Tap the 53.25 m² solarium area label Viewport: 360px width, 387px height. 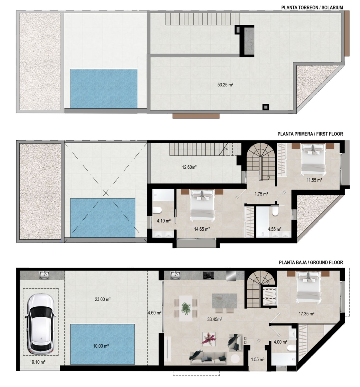click(x=225, y=85)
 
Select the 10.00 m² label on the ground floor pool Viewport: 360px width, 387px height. click(x=101, y=346)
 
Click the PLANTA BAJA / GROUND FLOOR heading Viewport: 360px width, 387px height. click(x=311, y=263)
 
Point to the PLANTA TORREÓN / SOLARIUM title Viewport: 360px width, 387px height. click(x=312, y=8)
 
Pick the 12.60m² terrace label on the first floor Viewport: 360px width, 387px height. click(x=189, y=167)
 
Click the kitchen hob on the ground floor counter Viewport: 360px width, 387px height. click(x=209, y=275)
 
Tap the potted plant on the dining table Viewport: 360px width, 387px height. click(x=186, y=308)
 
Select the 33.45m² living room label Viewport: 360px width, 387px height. click(x=215, y=319)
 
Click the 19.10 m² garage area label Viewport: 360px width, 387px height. click(x=38, y=362)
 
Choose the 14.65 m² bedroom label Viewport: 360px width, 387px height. click(x=202, y=229)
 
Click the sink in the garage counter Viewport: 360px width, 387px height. click(x=44, y=275)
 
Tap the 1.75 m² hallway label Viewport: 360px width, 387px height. click(x=261, y=194)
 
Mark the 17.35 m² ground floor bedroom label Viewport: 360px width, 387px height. click(x=306, y=314)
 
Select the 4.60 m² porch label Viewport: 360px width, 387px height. click(x=155, y=313)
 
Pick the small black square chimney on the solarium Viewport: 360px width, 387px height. click(x=266, y=107)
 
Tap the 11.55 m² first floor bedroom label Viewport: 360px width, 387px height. click(x=314, y=180)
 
